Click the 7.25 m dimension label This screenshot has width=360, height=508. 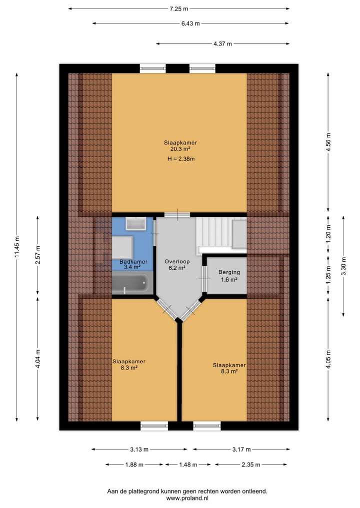click(x=179, y=8)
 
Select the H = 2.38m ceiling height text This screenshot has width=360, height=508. click(x=180, y=159)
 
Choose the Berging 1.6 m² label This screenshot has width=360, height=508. click(x=229, y=276)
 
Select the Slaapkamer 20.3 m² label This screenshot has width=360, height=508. click(x=180, y=145)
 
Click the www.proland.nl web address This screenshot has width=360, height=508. click(x=187, y=498)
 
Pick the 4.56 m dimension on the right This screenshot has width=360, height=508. click(x=328, y=142)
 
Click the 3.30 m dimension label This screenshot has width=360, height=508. click(x=343, y=266)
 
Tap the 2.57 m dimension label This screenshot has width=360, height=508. click(x=38, y=255)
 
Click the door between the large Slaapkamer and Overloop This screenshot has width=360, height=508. click(x=177, y=215)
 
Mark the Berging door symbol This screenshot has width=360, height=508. click(x=204, y=278)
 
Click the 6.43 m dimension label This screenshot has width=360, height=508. click(x=190, y=23)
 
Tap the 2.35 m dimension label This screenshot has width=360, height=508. click(x=251, y=465)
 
